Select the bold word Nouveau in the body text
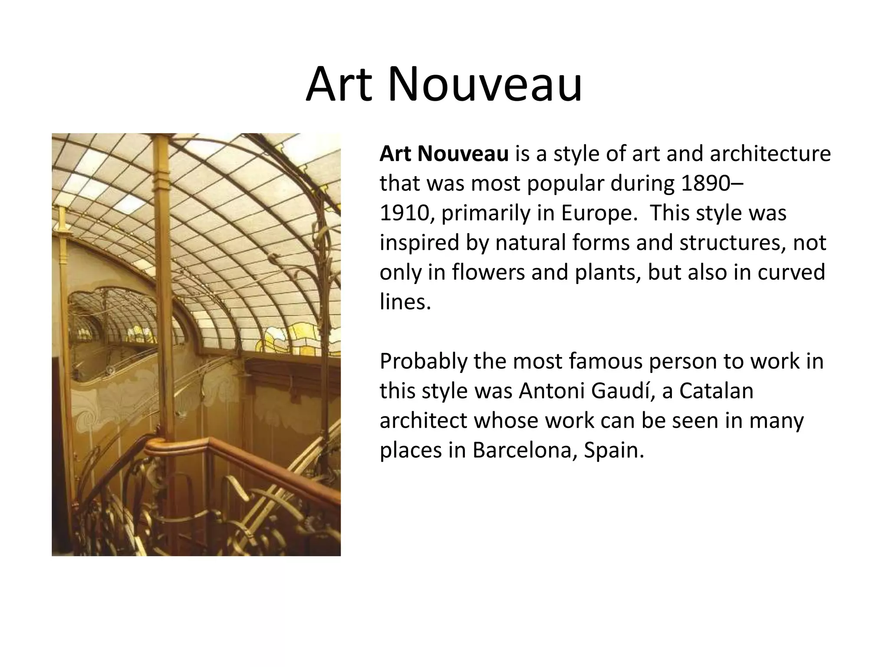[x=463, y=154]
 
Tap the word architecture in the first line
[x=770, y=154]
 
